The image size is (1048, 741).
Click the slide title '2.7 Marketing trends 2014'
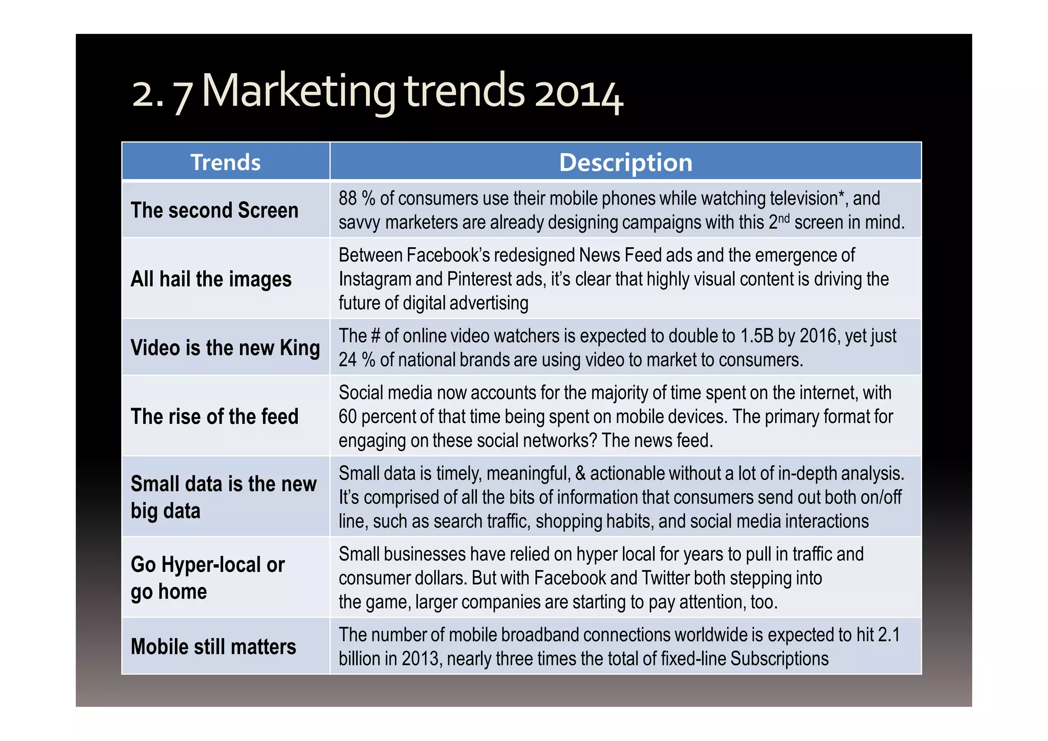coord(377,92)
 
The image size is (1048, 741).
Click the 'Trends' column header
coord(226,162)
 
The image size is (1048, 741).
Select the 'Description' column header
coord(625,162)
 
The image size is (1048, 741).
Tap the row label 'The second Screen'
coord(214,210)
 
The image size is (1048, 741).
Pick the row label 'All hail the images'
coord(211,279)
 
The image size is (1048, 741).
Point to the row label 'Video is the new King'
coord(225,348)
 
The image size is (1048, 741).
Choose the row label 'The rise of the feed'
coord(214,416)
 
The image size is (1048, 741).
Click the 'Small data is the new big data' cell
coord(224,497)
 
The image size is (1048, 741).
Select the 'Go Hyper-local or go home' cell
coord(207,578)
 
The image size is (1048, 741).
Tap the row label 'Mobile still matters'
coord(213,646)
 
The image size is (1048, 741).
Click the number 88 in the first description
coord(347,199)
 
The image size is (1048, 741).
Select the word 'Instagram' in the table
coord(375,279)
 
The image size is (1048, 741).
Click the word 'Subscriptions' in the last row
coord(779,659)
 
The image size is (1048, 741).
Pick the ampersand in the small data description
coord(580,473)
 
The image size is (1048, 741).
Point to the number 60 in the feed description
coord(347,417)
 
